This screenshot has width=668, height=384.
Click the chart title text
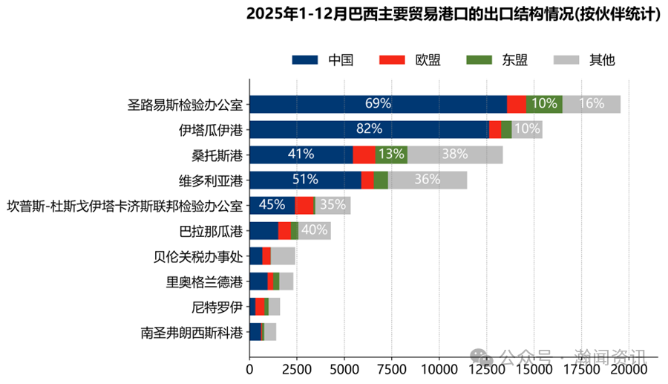click(453, 14)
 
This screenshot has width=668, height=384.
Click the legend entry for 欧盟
click(409, 59)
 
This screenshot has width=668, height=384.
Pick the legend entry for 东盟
click(497, 59)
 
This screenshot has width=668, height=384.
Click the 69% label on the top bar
click(378, 104)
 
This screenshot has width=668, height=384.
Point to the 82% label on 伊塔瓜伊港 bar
click(369, 129)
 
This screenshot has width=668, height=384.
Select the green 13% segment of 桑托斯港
click(391, 154)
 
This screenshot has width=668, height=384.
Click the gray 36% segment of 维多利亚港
click(428, 180)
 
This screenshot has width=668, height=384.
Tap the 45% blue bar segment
click(272, 205)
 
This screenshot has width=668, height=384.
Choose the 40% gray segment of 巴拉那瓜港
click(315, 230)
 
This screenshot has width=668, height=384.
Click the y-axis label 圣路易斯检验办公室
click(186, 104)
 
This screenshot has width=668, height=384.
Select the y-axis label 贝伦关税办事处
click(197, 257)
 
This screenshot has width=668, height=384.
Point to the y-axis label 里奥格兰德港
click(204, 282)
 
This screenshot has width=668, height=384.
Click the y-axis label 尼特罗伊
click(217, 307)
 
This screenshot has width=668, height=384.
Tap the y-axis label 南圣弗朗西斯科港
click(191, 332)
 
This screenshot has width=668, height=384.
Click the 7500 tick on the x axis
click(392, 368)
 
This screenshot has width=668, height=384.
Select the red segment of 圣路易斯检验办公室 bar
click(517, 104)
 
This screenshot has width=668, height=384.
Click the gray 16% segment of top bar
click(592, 104)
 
